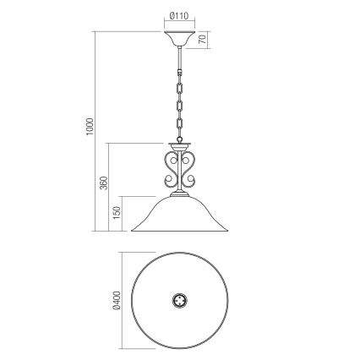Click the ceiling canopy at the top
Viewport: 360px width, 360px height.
click(180, 39)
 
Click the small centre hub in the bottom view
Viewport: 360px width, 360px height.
click(180, 300)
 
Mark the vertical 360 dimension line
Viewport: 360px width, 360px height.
click(109, 185)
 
